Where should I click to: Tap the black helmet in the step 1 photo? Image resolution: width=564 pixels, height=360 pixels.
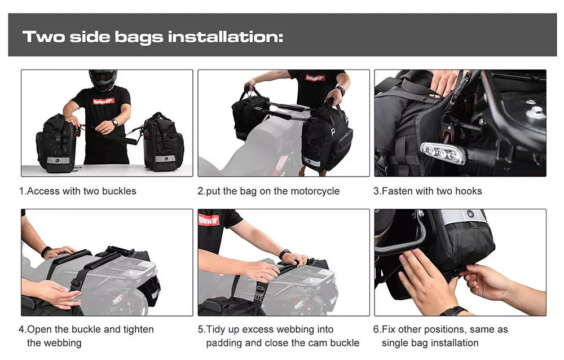point(103,80)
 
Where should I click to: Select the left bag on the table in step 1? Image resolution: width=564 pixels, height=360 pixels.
point(56,144)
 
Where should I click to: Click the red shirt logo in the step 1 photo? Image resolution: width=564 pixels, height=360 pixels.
point(103,101)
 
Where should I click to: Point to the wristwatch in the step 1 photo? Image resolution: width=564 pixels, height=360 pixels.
point(115,122)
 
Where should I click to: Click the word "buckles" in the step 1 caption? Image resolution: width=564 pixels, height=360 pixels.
point(118,191)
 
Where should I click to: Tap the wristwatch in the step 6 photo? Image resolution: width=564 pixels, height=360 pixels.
point(453,311)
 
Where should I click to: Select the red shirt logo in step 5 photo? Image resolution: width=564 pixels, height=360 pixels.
point(209,219)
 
